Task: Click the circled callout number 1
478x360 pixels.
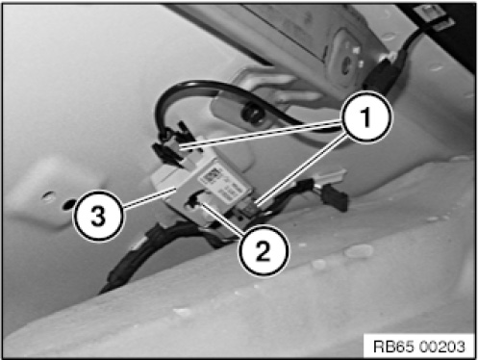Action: (366, 116)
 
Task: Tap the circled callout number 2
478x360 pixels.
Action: (264, 250)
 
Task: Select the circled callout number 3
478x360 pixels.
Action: (98, 216)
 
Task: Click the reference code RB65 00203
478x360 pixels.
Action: (419, 347)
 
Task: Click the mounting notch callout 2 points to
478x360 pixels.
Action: (193, 202)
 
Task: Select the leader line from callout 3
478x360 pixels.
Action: (148, 199)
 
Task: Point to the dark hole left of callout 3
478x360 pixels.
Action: (68, 204)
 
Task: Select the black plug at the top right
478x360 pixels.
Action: (381, 74)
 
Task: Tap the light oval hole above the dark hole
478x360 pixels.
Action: (48, 195)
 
